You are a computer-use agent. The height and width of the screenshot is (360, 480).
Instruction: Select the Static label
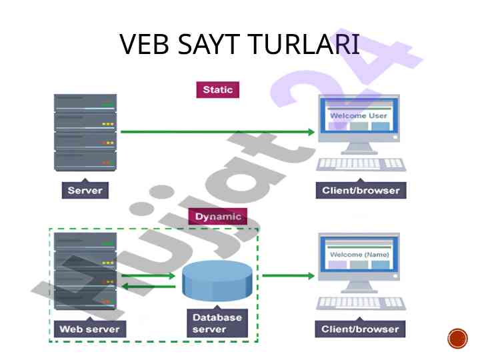pos(217,89)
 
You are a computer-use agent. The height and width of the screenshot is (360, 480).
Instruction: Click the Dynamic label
pos(218,217)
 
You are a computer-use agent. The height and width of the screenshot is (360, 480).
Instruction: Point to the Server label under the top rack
pos(85,190)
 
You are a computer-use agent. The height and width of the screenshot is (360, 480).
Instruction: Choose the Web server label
pos(89,329)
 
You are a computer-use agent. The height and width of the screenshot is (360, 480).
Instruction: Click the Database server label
pos(217,323)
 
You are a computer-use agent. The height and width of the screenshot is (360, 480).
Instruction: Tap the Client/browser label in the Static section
pos(361,190)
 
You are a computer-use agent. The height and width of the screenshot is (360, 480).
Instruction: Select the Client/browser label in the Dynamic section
pos(360,329)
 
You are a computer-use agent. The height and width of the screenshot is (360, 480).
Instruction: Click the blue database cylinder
pos(217,282)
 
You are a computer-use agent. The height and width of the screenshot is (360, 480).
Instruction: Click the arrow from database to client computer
pos(287,275)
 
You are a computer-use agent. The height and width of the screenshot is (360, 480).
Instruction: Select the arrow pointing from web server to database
pos(148,275)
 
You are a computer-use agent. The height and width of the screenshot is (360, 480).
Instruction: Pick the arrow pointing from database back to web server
pos(148,287)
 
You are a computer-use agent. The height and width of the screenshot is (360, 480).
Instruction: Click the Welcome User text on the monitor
pos(359,116)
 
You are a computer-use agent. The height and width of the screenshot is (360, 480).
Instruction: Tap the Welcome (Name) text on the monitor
pos(358,255)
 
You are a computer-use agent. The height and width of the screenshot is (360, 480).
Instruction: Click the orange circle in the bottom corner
pos(457,339)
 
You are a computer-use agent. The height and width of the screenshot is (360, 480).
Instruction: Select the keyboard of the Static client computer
pos(361,164)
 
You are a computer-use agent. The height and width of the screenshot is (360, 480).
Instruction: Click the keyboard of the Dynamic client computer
pos(361,303)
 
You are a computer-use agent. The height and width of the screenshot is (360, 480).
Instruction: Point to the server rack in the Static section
pos(85,133)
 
